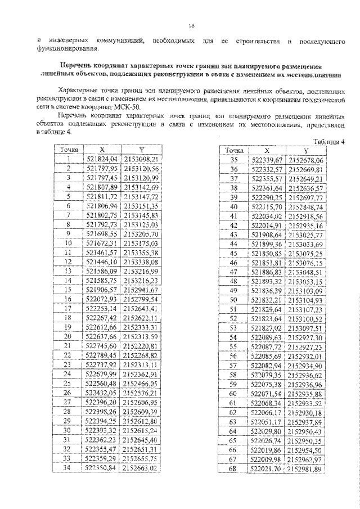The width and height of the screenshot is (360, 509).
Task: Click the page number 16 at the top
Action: (191, 26)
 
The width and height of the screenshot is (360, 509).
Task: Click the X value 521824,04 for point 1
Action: (102, 159)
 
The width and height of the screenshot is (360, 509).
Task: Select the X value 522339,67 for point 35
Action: (267, 160)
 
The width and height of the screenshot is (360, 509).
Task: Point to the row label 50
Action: (235, 300)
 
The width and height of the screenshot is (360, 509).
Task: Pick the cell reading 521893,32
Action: (267, 281)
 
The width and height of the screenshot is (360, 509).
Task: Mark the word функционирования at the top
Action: (54, 48)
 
